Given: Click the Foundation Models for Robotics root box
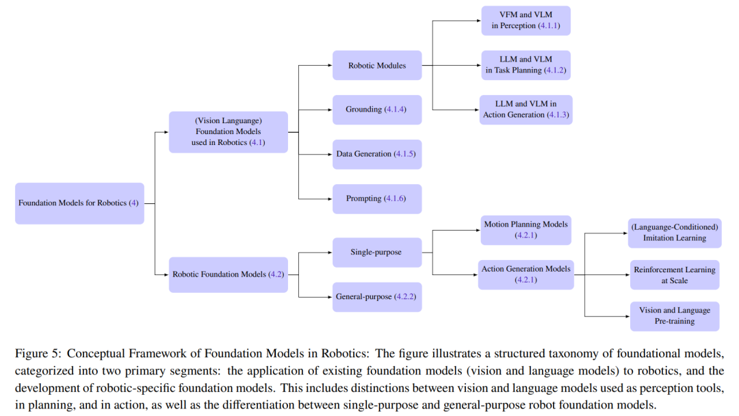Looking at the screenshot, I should coord(79,203).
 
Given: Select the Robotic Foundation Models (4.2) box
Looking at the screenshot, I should coord(229,274).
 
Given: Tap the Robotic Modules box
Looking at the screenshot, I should coord(377,66).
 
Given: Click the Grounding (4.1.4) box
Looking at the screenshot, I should coord(377,109).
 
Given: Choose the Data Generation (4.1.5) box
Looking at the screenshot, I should coord(377,154).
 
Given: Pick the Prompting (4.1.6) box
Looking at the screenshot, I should coord(377,198).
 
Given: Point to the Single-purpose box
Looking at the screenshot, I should coord(377,252).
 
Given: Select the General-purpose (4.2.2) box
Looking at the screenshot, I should coord(377,297).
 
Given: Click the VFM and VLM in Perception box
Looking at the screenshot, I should coord(526,21).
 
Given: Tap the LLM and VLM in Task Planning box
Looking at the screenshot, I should coord(526,65).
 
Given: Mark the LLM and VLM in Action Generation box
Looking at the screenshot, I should coord(526,109).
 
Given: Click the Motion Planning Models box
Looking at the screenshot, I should coord(526,230).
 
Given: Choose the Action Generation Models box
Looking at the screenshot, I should coord(526,274).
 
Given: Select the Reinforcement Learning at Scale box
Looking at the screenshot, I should coord(675,275).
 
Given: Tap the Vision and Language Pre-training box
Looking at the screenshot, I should coord(675,316).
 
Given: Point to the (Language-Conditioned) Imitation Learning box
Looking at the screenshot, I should coord(675,233).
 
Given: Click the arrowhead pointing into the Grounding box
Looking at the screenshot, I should coord(329,109).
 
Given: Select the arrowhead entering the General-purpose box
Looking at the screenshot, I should coord(329,297).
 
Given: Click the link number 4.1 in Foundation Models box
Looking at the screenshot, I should coord(257,142).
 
